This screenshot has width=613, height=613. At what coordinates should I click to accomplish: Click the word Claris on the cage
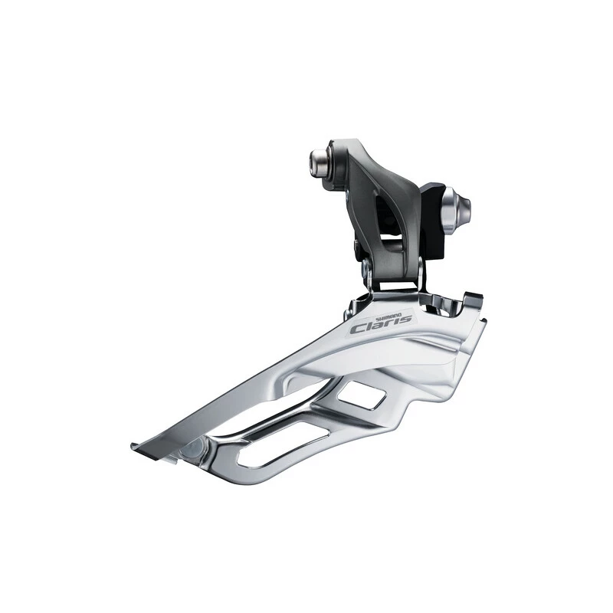pyautogui.click(x=381, y=324)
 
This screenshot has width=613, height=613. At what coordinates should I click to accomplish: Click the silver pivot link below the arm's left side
pyautogui.click(x=368, y=273)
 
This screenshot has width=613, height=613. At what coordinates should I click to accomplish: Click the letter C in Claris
pyautogui.click(x=358, y=328)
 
